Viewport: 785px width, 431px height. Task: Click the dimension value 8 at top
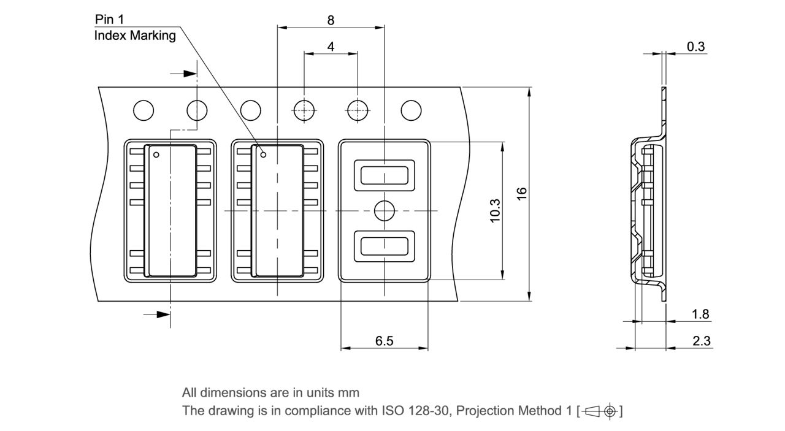click(331, 20)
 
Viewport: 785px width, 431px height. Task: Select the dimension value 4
click(331, 47)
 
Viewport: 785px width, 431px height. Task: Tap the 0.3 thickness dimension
click(695, 47)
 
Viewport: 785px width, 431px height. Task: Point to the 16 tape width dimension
click(522, 193)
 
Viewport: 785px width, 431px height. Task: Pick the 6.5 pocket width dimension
click(384, 341)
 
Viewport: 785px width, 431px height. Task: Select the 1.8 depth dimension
click(700, 314)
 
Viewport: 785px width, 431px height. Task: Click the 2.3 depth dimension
click(702, 341)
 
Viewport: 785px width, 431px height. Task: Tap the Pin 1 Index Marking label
click(135, 28)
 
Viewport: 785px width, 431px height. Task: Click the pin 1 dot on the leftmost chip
click(156, 154)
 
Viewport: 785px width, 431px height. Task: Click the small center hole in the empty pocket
click(385, 210)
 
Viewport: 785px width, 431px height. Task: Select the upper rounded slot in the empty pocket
click(385, 175)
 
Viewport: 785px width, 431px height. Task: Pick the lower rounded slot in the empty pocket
click(385, 246)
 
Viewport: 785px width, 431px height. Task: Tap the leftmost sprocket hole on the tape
click(144, 111)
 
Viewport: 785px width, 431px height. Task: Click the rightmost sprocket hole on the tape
click(411, 111)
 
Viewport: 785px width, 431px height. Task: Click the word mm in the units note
click(349, 392)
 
